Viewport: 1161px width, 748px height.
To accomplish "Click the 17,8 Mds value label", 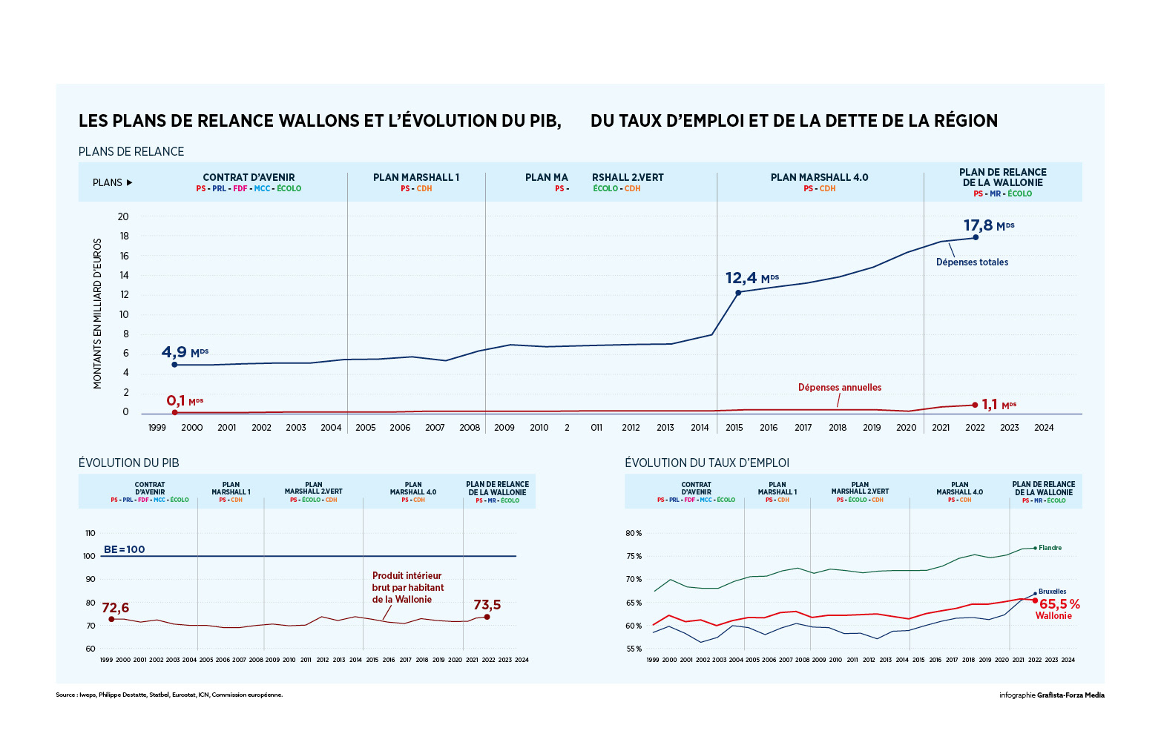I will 988,225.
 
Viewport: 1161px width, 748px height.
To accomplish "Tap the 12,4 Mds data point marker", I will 738,293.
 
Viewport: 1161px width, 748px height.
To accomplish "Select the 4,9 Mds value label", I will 185,352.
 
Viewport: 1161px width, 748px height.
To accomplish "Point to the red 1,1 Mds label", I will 999,405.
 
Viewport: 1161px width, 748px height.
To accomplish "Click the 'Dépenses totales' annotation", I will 972,262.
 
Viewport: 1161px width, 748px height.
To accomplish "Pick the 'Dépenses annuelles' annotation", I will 840,388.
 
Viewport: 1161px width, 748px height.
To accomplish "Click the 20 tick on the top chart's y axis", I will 123,217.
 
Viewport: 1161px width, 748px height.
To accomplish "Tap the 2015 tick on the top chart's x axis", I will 734,428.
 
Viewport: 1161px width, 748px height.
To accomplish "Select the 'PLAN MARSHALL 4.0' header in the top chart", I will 819,178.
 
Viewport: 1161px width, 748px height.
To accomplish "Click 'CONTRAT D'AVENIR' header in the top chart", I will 249,178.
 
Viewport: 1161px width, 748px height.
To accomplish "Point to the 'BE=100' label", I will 125,550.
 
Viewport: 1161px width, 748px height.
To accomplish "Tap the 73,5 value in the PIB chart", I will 487,606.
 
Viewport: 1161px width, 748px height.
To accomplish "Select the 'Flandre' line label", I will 1050,549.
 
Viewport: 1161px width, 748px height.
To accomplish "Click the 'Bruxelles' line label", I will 1052,592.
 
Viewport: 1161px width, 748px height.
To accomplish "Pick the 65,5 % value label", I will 1059,605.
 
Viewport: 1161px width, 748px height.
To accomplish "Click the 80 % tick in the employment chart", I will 634,534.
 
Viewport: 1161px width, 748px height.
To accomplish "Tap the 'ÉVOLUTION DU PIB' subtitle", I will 129,463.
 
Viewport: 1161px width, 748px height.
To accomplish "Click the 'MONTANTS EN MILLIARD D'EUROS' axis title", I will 98,314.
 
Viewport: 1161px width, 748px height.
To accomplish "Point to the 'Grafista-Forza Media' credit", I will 1070,695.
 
